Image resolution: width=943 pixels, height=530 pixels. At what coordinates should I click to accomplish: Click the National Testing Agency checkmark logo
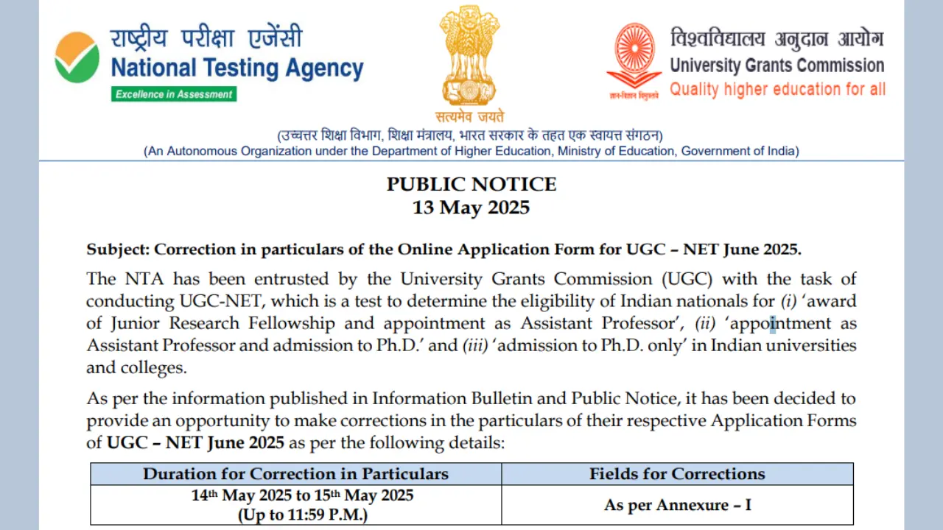(77, 57)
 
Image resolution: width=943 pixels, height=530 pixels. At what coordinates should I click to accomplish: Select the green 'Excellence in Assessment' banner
(174, 94)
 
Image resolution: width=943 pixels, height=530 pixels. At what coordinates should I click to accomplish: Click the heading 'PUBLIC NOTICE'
(471, 184)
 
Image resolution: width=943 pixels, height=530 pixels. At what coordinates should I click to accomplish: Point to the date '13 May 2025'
(471, 208)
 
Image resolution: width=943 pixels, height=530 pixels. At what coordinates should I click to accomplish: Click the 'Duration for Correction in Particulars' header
(295, 473)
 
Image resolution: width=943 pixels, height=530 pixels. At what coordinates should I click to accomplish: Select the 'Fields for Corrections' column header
(677, 473)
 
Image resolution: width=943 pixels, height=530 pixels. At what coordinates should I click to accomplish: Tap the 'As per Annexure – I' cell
(677, 505)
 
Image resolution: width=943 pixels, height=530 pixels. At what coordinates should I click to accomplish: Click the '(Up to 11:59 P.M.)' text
(302, 515)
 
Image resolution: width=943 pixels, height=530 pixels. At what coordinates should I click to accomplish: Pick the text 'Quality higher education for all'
(777, 90)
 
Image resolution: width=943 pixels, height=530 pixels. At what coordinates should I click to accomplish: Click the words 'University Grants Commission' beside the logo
(777, 66)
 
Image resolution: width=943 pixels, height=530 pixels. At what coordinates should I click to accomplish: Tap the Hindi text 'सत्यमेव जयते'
(470, 117)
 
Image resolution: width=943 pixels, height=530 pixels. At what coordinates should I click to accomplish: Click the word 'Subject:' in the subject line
(118, 249)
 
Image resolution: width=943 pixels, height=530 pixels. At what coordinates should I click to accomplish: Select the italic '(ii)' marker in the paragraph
(705, 323)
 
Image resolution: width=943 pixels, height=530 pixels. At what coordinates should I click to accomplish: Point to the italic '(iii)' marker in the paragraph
(474, 345)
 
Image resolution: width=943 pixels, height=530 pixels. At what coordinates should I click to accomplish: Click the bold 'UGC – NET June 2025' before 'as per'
(195, 443)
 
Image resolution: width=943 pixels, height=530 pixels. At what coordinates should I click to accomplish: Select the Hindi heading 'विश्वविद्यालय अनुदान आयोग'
(777, 39)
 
